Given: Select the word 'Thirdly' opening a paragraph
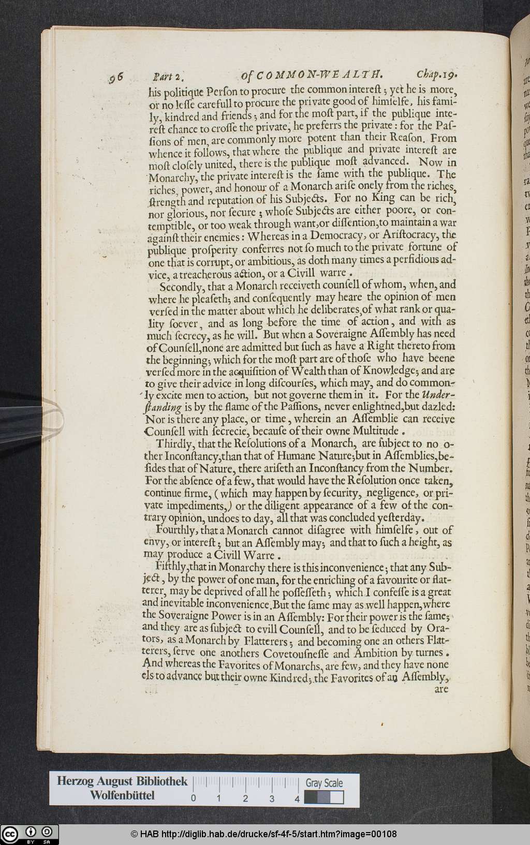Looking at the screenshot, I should click(175, 443).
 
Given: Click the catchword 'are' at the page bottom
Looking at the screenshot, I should click(441, 689).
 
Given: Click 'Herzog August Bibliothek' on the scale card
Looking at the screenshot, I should click(122, 781).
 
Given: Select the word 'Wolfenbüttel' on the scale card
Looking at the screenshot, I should click(122, 795).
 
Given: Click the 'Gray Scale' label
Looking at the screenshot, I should click(324, 783).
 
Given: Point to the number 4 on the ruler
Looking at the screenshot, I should click(297, 798).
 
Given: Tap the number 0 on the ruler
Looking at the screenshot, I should click(193, 798).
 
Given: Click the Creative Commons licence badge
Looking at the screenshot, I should click(30, 834).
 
